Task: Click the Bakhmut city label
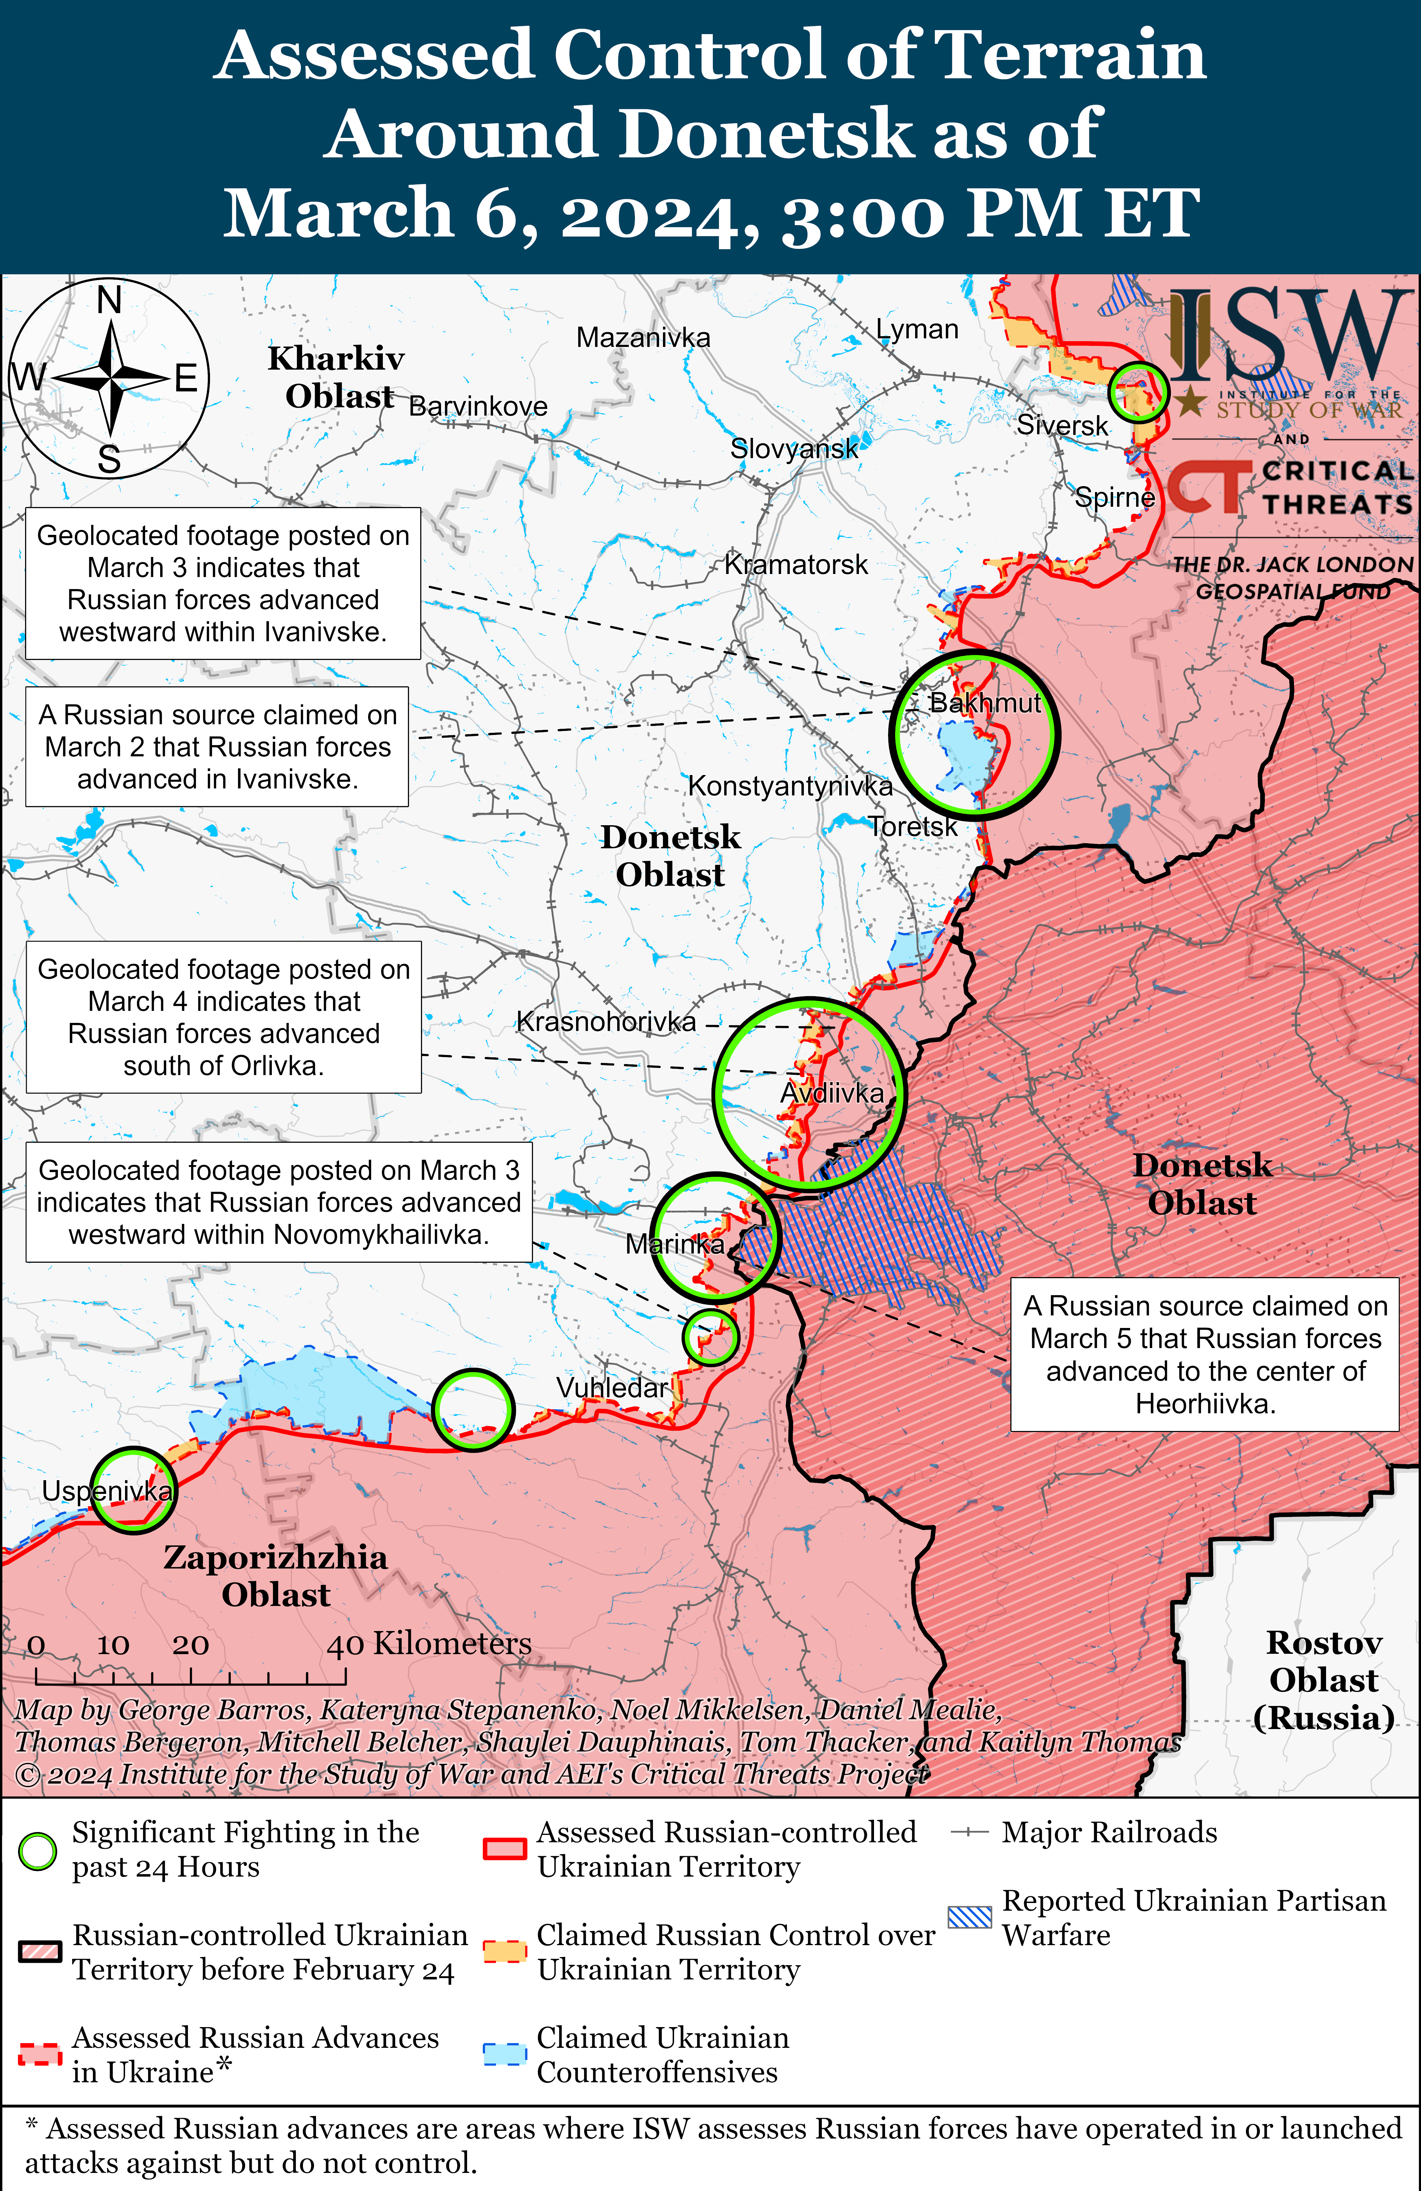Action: [x=985, y=703]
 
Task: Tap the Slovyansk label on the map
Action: [x=793, y=449]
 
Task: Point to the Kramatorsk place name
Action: [x=796, y=564]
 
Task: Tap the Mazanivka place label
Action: [x=643, y=338]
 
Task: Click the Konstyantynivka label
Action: [x=790, y=786]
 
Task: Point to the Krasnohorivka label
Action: [x=606, y=1022]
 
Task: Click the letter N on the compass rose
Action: [x=110, y=300]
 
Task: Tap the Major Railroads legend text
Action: [x=1109, y=1833]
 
